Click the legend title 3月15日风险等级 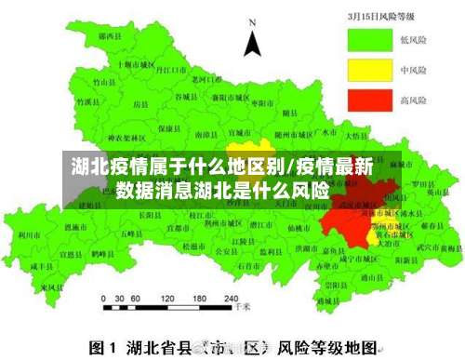point(383,16)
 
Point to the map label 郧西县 point(113,35)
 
